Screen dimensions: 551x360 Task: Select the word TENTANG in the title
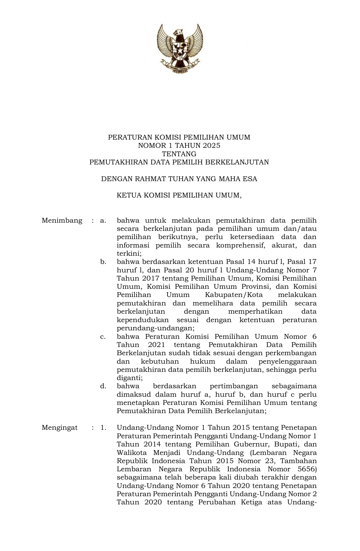(179, 154)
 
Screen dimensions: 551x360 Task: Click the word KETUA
(126, 195)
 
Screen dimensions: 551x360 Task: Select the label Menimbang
(62, 220)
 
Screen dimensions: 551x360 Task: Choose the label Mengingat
(60, 428)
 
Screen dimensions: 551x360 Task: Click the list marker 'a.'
(103, 220)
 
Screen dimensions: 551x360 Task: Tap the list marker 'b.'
(103, 262)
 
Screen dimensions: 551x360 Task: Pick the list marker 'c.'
(103, 337)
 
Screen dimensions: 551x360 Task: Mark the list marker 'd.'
(103, 386)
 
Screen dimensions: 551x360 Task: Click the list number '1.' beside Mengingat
(103, 428)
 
